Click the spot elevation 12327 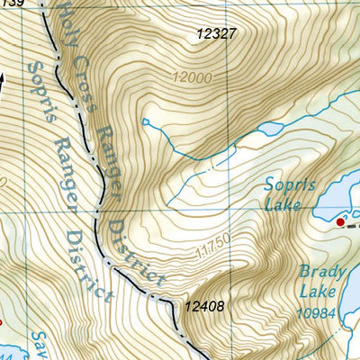[216, 34]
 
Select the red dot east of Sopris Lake [340, 220]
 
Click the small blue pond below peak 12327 [270, 129]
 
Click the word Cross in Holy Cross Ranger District [82, 67]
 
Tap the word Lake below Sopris [286, 206]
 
